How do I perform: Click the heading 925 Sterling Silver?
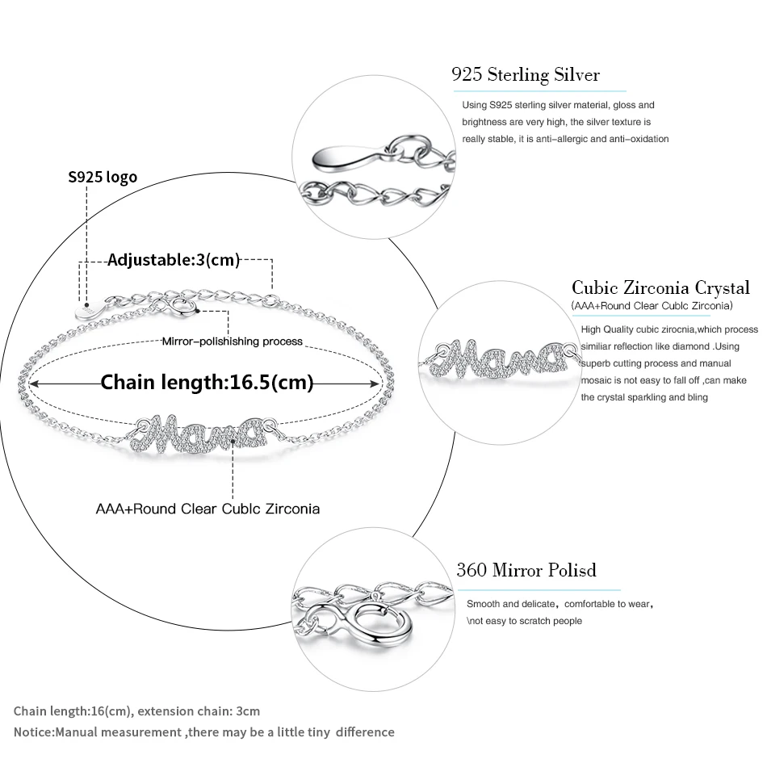(x=526, y=76)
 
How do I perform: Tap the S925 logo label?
(x=102, y=177)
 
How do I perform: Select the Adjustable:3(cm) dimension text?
(x=174, y=260)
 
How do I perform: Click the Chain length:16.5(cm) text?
(x=207, y=382)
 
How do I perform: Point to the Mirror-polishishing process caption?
(x=232, y=342)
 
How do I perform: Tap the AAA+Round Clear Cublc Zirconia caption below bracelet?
(x=207, y=509)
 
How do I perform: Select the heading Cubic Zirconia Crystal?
(x=660, y=287)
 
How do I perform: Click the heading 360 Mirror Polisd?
(x=526, y=570)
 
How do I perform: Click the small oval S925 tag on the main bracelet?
(x=87, y=310)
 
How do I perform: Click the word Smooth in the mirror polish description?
(x=483, y=604)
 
